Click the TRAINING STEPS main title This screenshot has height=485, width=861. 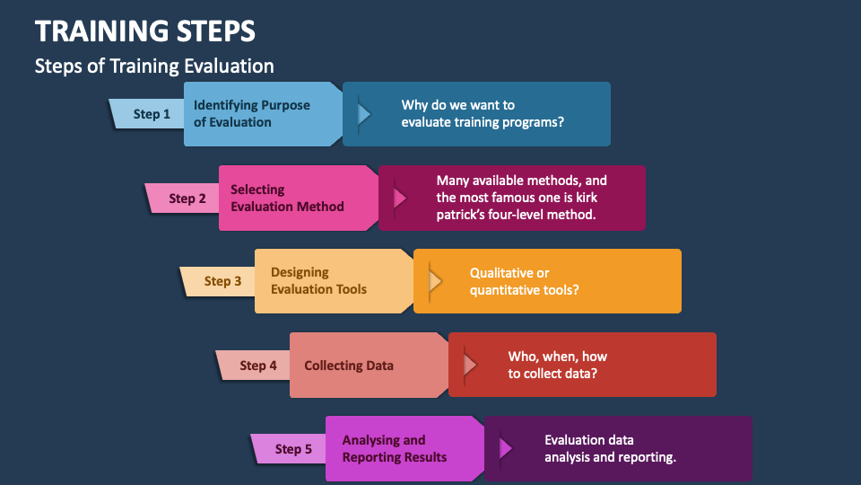[145, 31]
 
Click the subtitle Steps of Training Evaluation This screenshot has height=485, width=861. [154, 66]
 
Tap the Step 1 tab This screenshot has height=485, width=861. [147, 114]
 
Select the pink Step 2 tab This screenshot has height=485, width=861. [183, 198]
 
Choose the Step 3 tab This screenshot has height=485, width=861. [218, 281]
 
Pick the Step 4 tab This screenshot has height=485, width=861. [254, 366]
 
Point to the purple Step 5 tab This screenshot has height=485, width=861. [289, 449]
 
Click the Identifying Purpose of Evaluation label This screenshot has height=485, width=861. [251, 114]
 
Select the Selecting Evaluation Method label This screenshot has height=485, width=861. [287, 198]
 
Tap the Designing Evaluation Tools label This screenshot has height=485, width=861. [318, 281]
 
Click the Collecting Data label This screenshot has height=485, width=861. [349, 366]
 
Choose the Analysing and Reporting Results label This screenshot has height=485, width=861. [395, 449]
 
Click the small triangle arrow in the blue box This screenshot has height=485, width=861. [364, 114]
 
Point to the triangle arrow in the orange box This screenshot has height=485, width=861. [435, 281]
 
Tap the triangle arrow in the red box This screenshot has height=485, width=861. [470, 365]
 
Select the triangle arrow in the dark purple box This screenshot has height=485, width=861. [506, 448]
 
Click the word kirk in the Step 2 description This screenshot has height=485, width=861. [587, 198]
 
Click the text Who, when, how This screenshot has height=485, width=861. [557, 357]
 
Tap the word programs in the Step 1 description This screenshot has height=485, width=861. [531, 123]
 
